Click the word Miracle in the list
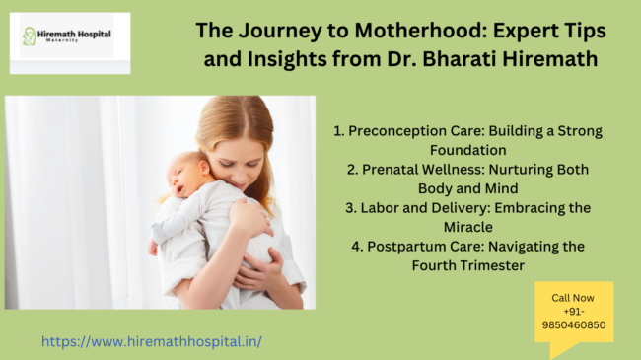coord(468,227)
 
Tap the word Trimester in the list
coord(500,266)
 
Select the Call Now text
coord(573,296)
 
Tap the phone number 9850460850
coord(573,324)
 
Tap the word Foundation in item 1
coord(468,150)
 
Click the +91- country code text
coord(573,310)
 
